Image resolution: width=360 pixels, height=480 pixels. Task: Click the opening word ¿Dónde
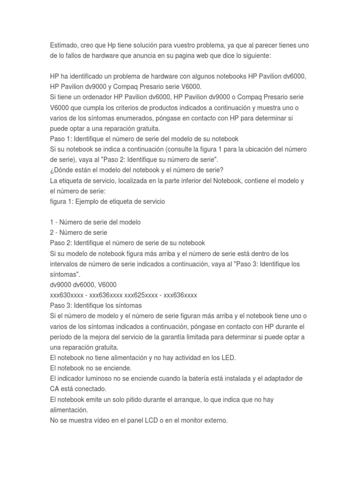(63, 171)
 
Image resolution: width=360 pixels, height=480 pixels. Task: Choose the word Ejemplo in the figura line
(92, 202)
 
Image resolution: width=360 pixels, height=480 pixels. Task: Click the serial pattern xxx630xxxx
(67, 295)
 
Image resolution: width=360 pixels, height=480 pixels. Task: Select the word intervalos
(66, 264)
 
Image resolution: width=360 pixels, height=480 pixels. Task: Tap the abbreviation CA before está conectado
(55, 389)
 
